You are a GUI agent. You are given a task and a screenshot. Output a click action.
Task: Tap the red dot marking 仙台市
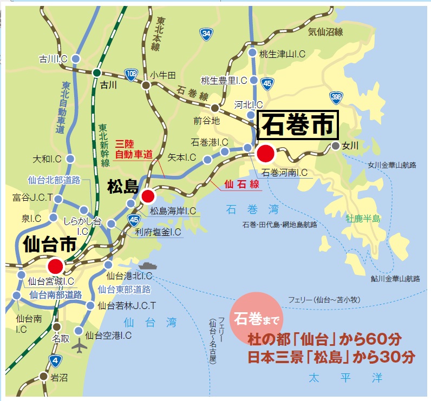pos(55,266)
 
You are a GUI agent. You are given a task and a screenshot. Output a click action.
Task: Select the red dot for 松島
pos(148,196)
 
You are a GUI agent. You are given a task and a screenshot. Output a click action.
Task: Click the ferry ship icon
pos(148,266)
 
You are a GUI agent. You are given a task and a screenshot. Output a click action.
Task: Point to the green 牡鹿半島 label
pos(363,219)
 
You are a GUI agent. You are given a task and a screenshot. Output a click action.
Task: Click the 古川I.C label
pos(53,58)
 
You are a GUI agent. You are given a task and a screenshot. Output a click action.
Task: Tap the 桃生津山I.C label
pos(283,53)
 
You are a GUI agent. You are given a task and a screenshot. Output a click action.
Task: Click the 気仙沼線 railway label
pos(325,32)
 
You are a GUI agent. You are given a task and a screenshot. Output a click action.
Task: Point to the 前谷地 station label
pos(207,121)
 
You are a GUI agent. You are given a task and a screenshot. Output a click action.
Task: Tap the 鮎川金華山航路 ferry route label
pos(395,279)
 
